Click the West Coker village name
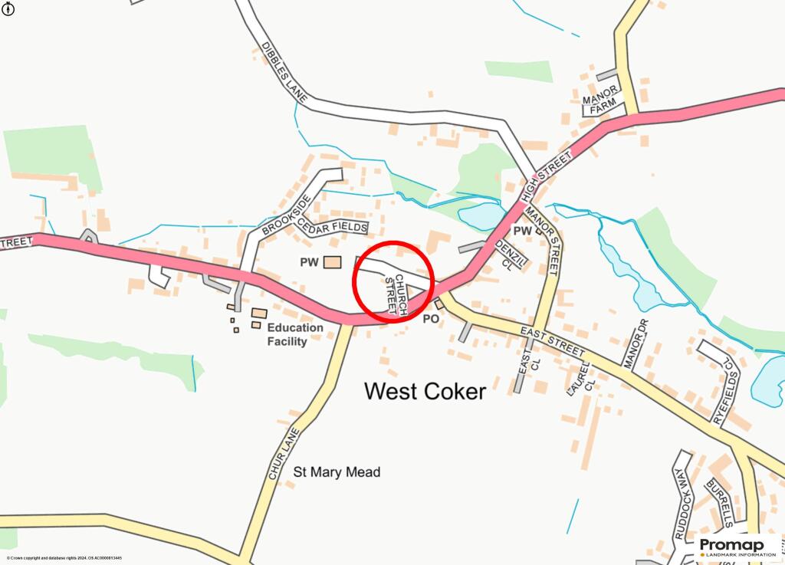tap(425, 391)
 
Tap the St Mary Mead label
tap(337, 472)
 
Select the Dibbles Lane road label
tap(284, 72)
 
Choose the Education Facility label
tap(295, 334)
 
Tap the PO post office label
tap(431, 318)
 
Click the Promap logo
tap(737, 547)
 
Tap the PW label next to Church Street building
tap(309, 262)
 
